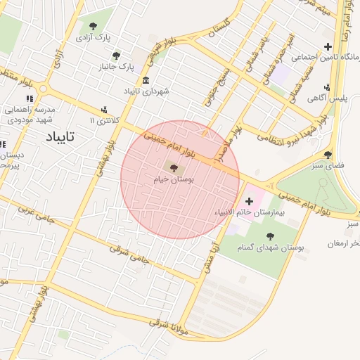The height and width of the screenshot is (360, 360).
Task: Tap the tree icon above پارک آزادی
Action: point(93,26)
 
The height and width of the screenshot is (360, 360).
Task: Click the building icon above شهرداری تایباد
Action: point(146,79)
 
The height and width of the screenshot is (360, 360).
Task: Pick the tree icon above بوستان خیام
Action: point(174,167)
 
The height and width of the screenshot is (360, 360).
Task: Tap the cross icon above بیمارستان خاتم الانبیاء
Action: point(249,201)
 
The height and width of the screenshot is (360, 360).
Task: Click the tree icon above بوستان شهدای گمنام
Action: point(270,236)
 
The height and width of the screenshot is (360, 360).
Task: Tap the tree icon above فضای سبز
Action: point(328,155)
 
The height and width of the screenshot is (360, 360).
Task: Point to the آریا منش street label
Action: point(209,254)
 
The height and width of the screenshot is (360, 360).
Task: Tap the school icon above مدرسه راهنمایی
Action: point(30,98)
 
